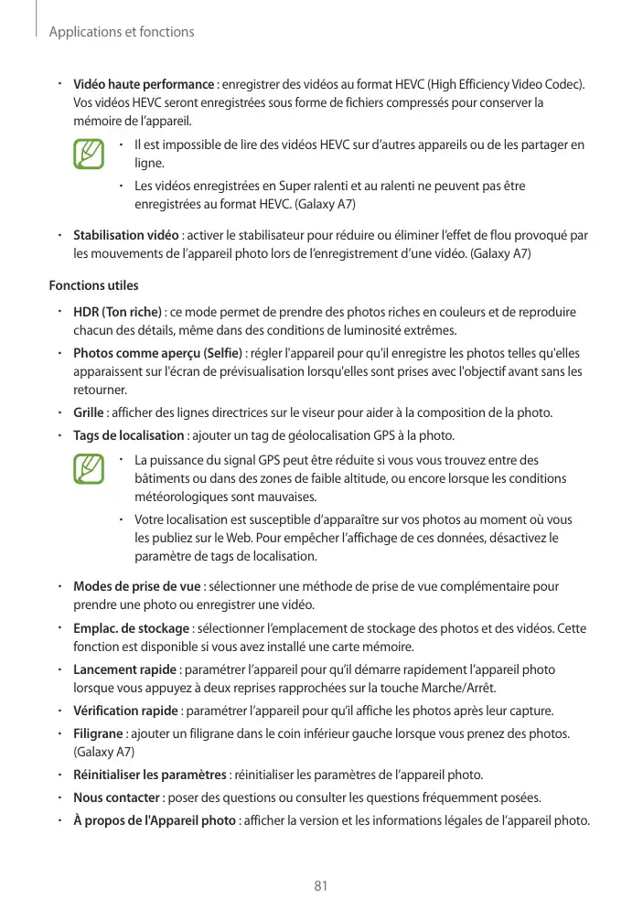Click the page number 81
coord(320,885)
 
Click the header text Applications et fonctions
coord(121,32)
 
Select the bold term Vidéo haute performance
coord(144,85)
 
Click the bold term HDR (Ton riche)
coord(118,312)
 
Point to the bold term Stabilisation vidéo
coord(125,235)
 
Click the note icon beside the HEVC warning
coord(89,154)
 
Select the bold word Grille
coord(89,413)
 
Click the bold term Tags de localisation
coord(128,434)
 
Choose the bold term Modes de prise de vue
coord(137,586)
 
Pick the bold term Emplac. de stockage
coord(131,628)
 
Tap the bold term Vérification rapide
coord(125,711)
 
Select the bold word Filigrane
coord(98,733)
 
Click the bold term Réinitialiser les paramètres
coord(150,775)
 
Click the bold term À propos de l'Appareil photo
coord(154,818)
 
